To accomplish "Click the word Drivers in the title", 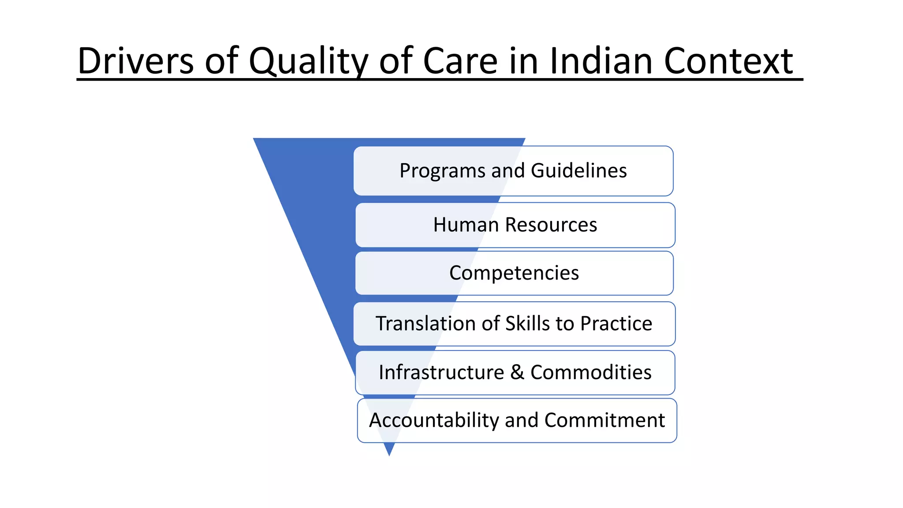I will [135, 61].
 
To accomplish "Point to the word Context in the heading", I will [728, 61].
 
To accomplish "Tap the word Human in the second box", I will [466, 225].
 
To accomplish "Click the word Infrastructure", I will [441, 373].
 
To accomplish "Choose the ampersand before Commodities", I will [517, 373].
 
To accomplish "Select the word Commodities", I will [591, 373].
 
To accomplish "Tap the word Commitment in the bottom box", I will [604, 421].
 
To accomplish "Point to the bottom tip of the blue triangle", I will [389, 454].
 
